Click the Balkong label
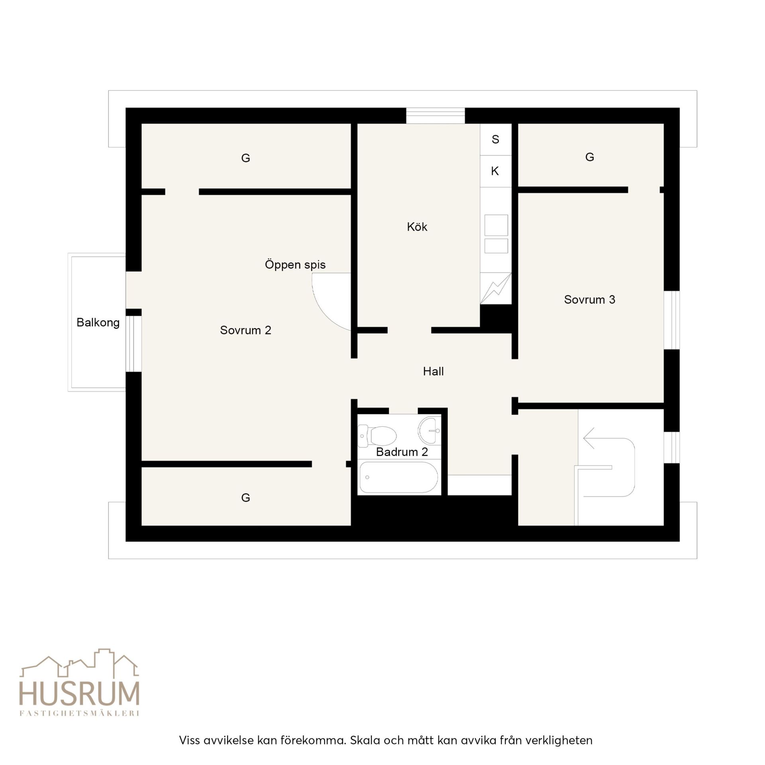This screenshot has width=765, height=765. (98, 322)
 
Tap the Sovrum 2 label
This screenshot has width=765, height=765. (245, 330)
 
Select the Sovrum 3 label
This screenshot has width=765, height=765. (589, 300)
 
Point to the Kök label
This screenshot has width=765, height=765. (417, 227)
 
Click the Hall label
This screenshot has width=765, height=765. (433, 371)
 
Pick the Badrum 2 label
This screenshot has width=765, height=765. (402, 452)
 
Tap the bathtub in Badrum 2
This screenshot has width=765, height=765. (398, 477)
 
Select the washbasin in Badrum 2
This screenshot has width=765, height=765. (429, 431)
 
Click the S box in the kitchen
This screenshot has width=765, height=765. (496, 139)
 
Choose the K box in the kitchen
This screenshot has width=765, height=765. (496, 171)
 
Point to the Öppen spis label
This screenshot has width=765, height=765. (295, 265)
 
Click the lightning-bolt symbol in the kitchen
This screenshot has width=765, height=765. (496, 288)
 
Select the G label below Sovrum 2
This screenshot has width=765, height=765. (245, 498)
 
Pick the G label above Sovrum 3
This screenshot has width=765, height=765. (590, 157)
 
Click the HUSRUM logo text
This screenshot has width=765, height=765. (80, 694)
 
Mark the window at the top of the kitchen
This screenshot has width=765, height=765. (435, 116)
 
